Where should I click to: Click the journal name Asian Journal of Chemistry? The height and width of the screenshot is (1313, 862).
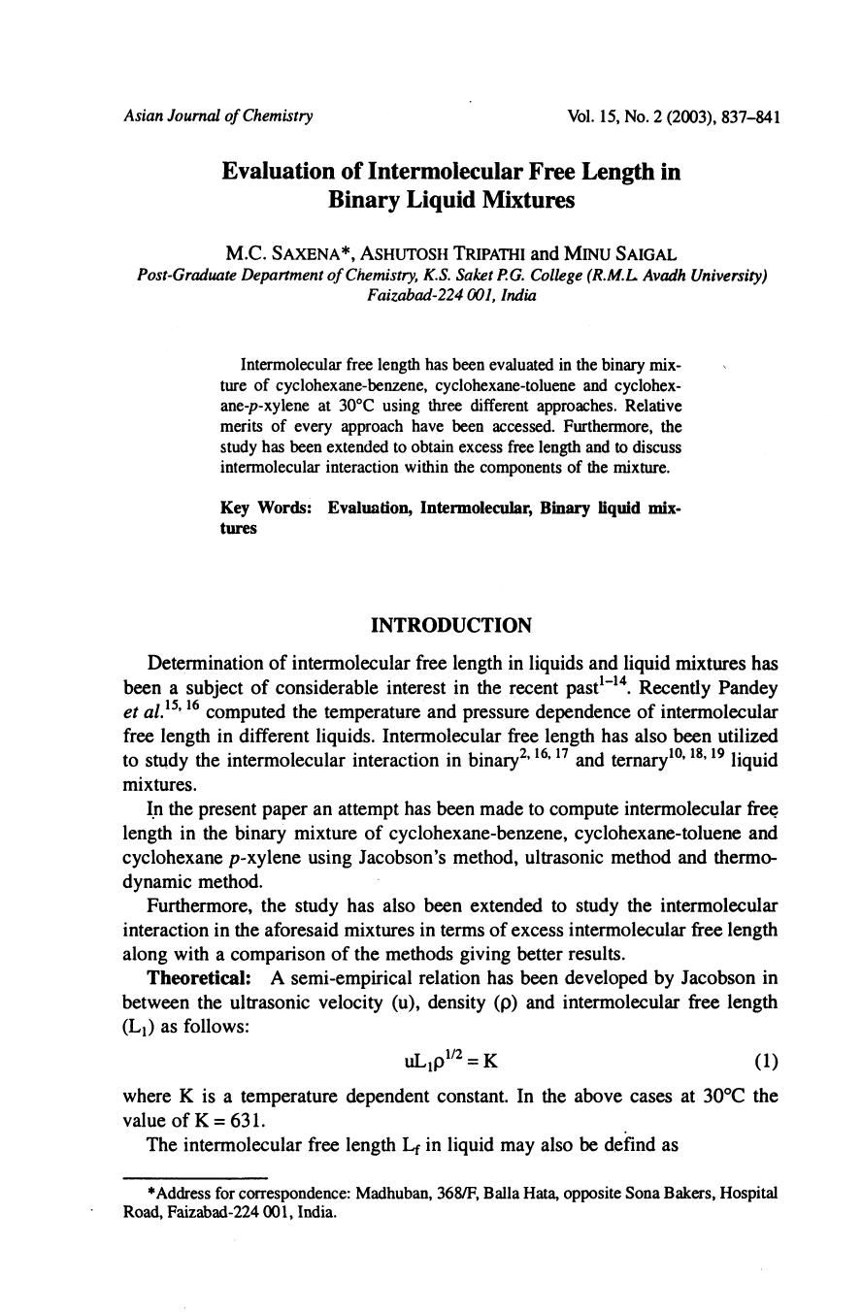218,116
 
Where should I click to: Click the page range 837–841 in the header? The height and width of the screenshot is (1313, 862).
751,116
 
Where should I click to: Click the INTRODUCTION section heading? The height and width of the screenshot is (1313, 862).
451,625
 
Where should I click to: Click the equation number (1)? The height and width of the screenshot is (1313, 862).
766,1061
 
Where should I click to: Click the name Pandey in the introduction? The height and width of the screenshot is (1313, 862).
747,688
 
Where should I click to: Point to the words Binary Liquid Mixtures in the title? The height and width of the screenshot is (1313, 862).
451,200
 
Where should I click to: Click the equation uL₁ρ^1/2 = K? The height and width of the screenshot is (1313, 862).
450,1061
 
